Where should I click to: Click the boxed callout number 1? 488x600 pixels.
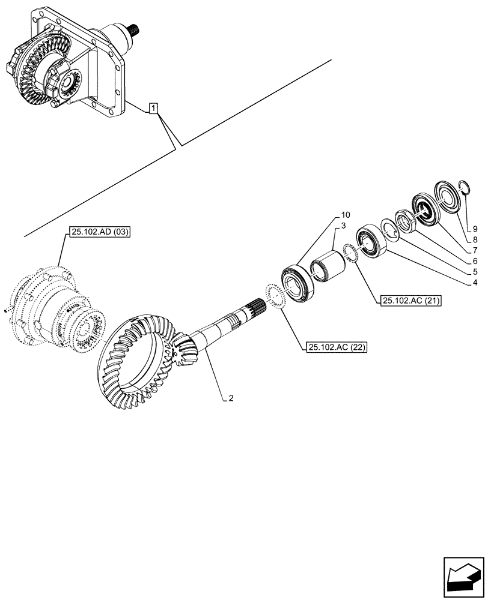click(x=154, y=109)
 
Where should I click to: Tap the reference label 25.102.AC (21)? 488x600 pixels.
click(x=410, y=300)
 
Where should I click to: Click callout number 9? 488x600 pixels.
click(x=475, y=229)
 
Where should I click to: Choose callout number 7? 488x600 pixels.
click(x=475, y=249)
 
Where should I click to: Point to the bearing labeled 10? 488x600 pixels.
click(x=296, y=282)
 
